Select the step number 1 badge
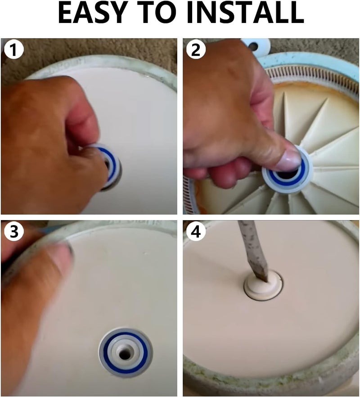click(x=14, y=50)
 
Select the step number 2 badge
click(x=196, y=50)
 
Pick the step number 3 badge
click(x=14, y=232)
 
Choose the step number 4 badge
click(x=196, y=232)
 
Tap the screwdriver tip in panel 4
click(x=263, y=275)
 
